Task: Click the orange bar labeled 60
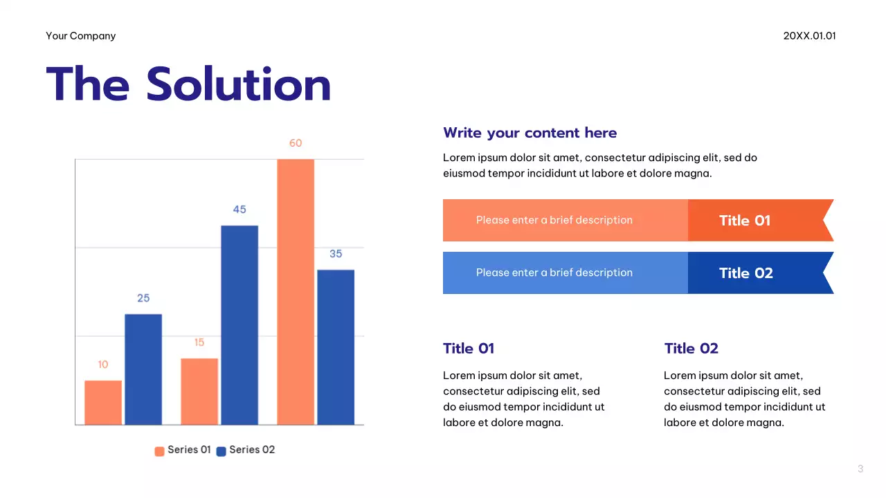296,291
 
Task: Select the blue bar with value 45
239,324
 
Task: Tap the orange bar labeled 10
103,402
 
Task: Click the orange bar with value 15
199,391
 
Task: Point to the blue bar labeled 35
336,347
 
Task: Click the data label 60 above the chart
296,143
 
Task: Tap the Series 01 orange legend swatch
159,451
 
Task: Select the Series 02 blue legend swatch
221,451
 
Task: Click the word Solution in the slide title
239,84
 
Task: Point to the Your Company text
81,36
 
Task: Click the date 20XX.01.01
809,36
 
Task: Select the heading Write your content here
530,133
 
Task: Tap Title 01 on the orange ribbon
745,221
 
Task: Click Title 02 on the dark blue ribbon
745,273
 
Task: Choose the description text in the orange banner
554,220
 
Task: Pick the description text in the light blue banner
554,273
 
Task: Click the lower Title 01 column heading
469,349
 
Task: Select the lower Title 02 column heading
691,349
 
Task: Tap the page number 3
860,469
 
